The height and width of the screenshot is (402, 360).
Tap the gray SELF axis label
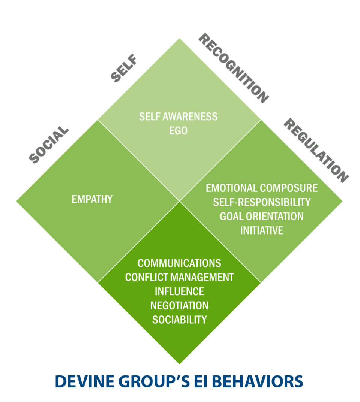pos(124,68)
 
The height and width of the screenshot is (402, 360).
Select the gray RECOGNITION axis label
pos(234,68)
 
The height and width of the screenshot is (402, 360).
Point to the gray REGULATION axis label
pos(316,150)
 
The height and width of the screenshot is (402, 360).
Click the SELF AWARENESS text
pos(178,117)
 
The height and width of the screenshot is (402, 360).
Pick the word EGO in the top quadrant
pos(178,131)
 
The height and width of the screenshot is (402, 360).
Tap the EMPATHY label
pos(92,199)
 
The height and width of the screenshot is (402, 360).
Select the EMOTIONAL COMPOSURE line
pos(262,188)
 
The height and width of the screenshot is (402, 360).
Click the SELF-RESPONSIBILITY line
pos(262,202)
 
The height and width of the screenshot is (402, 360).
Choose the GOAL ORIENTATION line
pos(262,216)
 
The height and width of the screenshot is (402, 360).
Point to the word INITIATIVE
pos(262,230)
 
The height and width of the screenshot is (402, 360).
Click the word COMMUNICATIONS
pos(179,263)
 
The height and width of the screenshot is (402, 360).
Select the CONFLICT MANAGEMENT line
pos(179,277)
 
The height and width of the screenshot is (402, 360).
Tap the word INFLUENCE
pos(179,291)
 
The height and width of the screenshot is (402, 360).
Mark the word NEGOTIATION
pos(179,306)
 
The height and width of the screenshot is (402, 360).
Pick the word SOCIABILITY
pos(179,320)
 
